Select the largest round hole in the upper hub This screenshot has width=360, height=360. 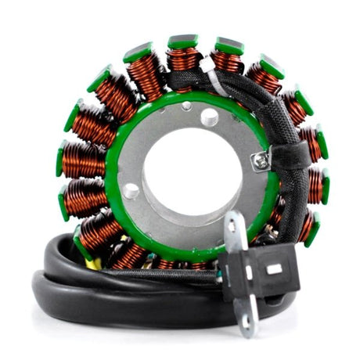click(x=209, y=117)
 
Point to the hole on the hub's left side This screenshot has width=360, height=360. click(x=131, y=190)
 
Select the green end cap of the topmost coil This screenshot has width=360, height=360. click(x=183, y=41)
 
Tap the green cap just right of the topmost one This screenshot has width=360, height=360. click(x=229, y=46)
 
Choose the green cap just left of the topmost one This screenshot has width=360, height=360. click(x=139, y=52)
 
